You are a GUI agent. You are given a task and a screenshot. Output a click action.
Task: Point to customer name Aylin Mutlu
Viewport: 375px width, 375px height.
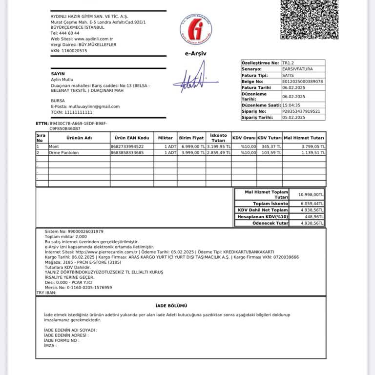[x=62, y=79]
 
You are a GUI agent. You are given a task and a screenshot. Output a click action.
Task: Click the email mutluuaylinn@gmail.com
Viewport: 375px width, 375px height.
[x=92, y=106]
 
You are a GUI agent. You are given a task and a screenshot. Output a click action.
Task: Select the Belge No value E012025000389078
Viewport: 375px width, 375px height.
[x=303, y=82]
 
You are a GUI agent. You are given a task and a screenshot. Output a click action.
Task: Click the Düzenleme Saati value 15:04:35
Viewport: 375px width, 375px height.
[x=298, y=105]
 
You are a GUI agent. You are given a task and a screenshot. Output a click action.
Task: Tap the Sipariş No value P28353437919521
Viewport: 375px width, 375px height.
[x=301, y=111]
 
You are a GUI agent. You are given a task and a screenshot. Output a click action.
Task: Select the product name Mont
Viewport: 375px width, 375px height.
[x=54, y=146]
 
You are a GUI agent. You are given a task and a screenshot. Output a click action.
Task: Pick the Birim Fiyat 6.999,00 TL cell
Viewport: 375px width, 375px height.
[x=191, y=146]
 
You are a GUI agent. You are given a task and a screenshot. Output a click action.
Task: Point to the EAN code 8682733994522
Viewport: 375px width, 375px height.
[x=127, y=146]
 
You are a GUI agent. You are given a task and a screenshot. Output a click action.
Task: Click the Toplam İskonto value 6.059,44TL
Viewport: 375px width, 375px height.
[x=307, y=203]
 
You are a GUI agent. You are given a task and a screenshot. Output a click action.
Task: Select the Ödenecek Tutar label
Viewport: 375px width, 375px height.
[x=270, y=223]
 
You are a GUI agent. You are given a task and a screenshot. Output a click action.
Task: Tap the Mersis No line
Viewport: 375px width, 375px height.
[x=78, y=288]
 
